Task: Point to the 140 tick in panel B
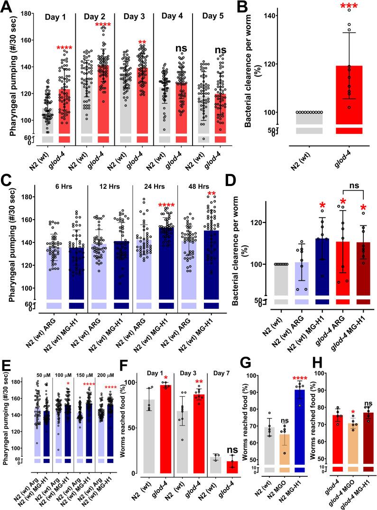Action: (265, 16)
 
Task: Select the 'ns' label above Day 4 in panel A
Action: (181, 48)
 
